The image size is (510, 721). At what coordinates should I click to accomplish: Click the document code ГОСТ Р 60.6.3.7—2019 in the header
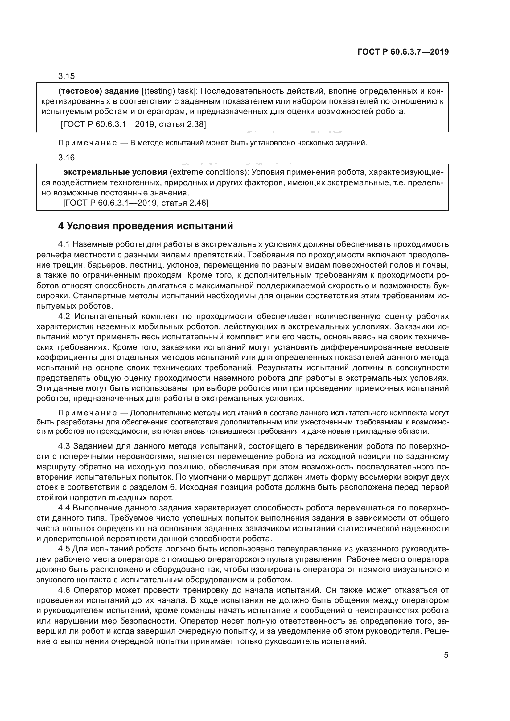pyautogui.click(x=403, y=52)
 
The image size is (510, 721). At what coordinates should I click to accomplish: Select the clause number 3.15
pyautogui.click(x=66, y=76)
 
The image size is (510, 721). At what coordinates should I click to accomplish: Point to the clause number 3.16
pyautogui.click(x=66, y=158)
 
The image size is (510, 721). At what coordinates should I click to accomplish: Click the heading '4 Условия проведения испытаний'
pyautogui.click(x=146, y=226)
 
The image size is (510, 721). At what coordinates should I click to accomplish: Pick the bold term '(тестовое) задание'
pyautogui.click(x=99, y=91)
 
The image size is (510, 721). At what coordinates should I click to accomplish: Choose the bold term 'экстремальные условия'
pyautogui.click(x=115, y=172)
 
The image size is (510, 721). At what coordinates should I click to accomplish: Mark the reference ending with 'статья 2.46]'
pyautogui.click(x=136, y=203)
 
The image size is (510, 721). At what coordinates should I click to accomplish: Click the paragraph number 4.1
pyautogui.click(x=65, y=245)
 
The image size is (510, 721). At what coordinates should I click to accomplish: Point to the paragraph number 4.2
pyautogui.click(x=65, y=316)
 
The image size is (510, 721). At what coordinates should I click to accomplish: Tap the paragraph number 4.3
pyautogui.click(x=65, y=446)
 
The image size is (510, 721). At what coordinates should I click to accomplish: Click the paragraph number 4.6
pyautogui.click(x=65, y=590)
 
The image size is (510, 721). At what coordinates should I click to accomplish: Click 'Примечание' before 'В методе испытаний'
pyautogui.click(x=88, y=143)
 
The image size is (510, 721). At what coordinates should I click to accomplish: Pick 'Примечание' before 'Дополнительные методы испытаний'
pyautogui.click(x=88, y=413)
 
